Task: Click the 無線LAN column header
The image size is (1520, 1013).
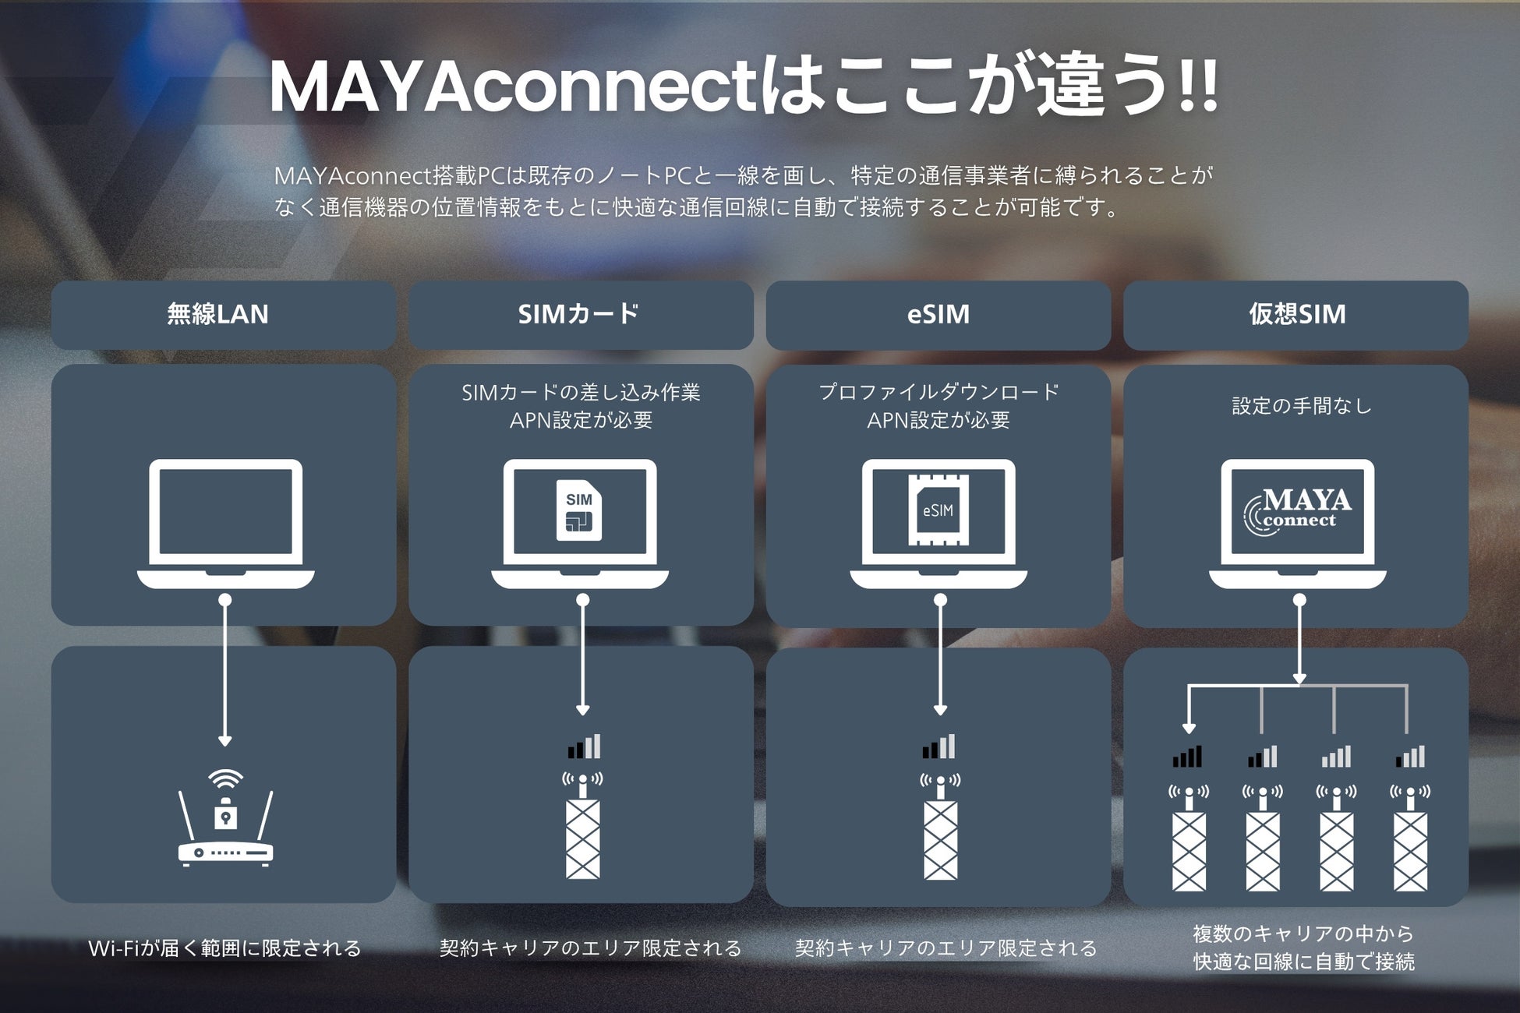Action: pos(218,314)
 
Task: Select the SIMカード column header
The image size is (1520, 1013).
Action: pos(579,314)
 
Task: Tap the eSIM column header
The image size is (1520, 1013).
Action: pos(939,314)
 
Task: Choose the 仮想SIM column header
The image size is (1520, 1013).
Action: pos(1297,314)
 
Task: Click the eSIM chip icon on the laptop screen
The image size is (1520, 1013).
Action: pos(939,510)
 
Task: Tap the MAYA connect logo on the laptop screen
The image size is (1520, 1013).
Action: pos(1297,511)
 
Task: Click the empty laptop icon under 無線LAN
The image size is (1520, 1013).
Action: pos(225,522)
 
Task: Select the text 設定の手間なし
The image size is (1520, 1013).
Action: pos(1301,406)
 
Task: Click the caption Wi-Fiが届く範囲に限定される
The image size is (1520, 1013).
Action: pos(224,948)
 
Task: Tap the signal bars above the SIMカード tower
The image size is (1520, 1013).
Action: pos(585,747)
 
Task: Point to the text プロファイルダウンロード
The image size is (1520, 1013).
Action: pos(939,392)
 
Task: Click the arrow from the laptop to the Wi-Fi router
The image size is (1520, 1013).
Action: pos(225,670)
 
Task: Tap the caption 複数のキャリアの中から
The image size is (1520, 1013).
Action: pos(1303,934)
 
